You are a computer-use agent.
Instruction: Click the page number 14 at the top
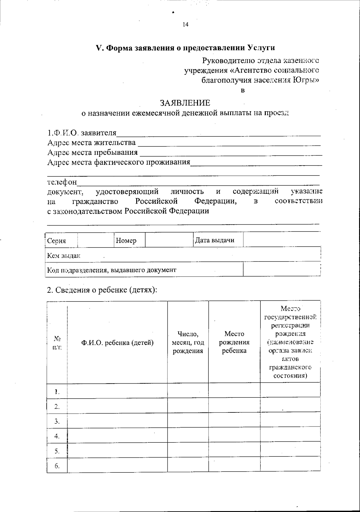[185, 25]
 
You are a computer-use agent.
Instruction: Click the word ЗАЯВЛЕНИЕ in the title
[185, 103]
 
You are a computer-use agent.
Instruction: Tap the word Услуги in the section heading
[261, 48]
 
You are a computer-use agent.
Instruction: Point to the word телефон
[62, 182]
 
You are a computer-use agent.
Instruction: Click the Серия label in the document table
[56, 241]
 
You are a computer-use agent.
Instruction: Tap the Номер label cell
[126, 240]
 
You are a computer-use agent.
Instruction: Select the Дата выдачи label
[214, 240]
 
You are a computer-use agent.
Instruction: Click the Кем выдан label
[64, 256]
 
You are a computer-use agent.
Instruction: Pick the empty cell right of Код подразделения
[281, 269]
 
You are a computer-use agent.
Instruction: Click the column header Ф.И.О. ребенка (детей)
[117, 343]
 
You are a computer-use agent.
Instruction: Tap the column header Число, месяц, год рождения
[188, 342]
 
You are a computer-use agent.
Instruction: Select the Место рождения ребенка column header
[234, 342]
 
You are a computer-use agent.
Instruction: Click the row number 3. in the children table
[57, 421]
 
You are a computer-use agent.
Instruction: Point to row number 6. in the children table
[57, 466]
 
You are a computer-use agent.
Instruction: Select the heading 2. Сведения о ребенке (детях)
[102, 290]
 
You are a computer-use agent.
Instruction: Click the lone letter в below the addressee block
[243, 90]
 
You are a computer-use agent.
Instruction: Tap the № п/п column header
[57, 343]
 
